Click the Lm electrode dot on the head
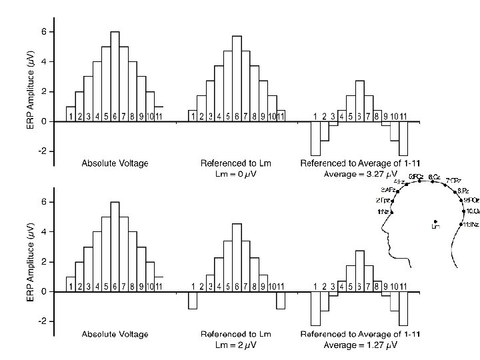[435, 221]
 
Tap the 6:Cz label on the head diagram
[434, 177]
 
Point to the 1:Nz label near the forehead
[383, 212]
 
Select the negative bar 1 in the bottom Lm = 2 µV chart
[192, 300]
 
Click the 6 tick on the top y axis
[43, 32]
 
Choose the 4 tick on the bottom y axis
[43, 231]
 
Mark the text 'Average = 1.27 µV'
[361, 345]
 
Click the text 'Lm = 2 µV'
[235, 345]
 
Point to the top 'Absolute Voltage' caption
[115, 163]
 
